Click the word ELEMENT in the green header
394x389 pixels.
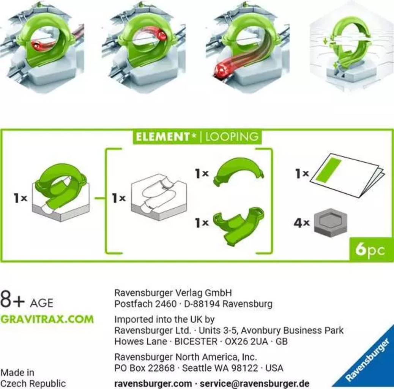click(x=162, y=137)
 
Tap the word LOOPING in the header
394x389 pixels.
click(x=232, y=137)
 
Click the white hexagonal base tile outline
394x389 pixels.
click(x=159, y=197)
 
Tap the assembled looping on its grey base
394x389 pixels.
click(x=61, y=192)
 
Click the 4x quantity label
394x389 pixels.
click(x=301, y=223)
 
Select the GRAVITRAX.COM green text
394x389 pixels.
click(x=47, y=319)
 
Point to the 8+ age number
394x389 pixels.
click(x=13, y=299)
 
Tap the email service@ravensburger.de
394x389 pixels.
click(x=254, y=384)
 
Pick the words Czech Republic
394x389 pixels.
click(x=33, y=384)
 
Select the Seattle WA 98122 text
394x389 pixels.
click(x=220, y=368)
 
